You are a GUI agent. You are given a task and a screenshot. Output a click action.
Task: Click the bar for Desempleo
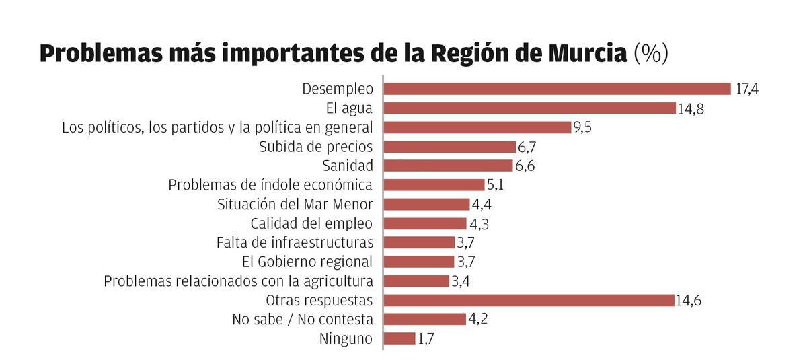557,89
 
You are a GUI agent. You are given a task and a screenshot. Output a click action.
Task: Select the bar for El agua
529,108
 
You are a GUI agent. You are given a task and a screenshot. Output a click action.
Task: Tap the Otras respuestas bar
529,300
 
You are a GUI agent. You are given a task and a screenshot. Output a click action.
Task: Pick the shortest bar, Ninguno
399,338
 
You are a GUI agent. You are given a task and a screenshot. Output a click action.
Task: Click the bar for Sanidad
448,166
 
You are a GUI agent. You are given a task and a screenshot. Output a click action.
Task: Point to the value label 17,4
746,89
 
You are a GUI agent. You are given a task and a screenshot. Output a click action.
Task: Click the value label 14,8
691,108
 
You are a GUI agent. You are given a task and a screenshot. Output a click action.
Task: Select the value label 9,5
582,127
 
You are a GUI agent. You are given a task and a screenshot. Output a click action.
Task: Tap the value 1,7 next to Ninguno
426,338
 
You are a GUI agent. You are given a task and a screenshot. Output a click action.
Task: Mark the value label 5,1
495,184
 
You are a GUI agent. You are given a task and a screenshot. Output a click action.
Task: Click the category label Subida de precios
315,147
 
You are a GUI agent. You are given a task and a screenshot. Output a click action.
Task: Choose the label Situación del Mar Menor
295,204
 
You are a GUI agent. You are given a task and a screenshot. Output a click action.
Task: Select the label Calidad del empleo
311,223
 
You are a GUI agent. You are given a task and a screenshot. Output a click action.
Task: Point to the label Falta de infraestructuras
294,242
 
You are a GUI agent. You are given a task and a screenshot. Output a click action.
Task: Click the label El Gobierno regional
307,262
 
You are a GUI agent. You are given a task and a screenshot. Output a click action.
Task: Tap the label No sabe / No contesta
302,319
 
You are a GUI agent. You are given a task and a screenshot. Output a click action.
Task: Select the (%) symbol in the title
651,53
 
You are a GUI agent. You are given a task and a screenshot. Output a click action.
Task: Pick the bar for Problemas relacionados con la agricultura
416,281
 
